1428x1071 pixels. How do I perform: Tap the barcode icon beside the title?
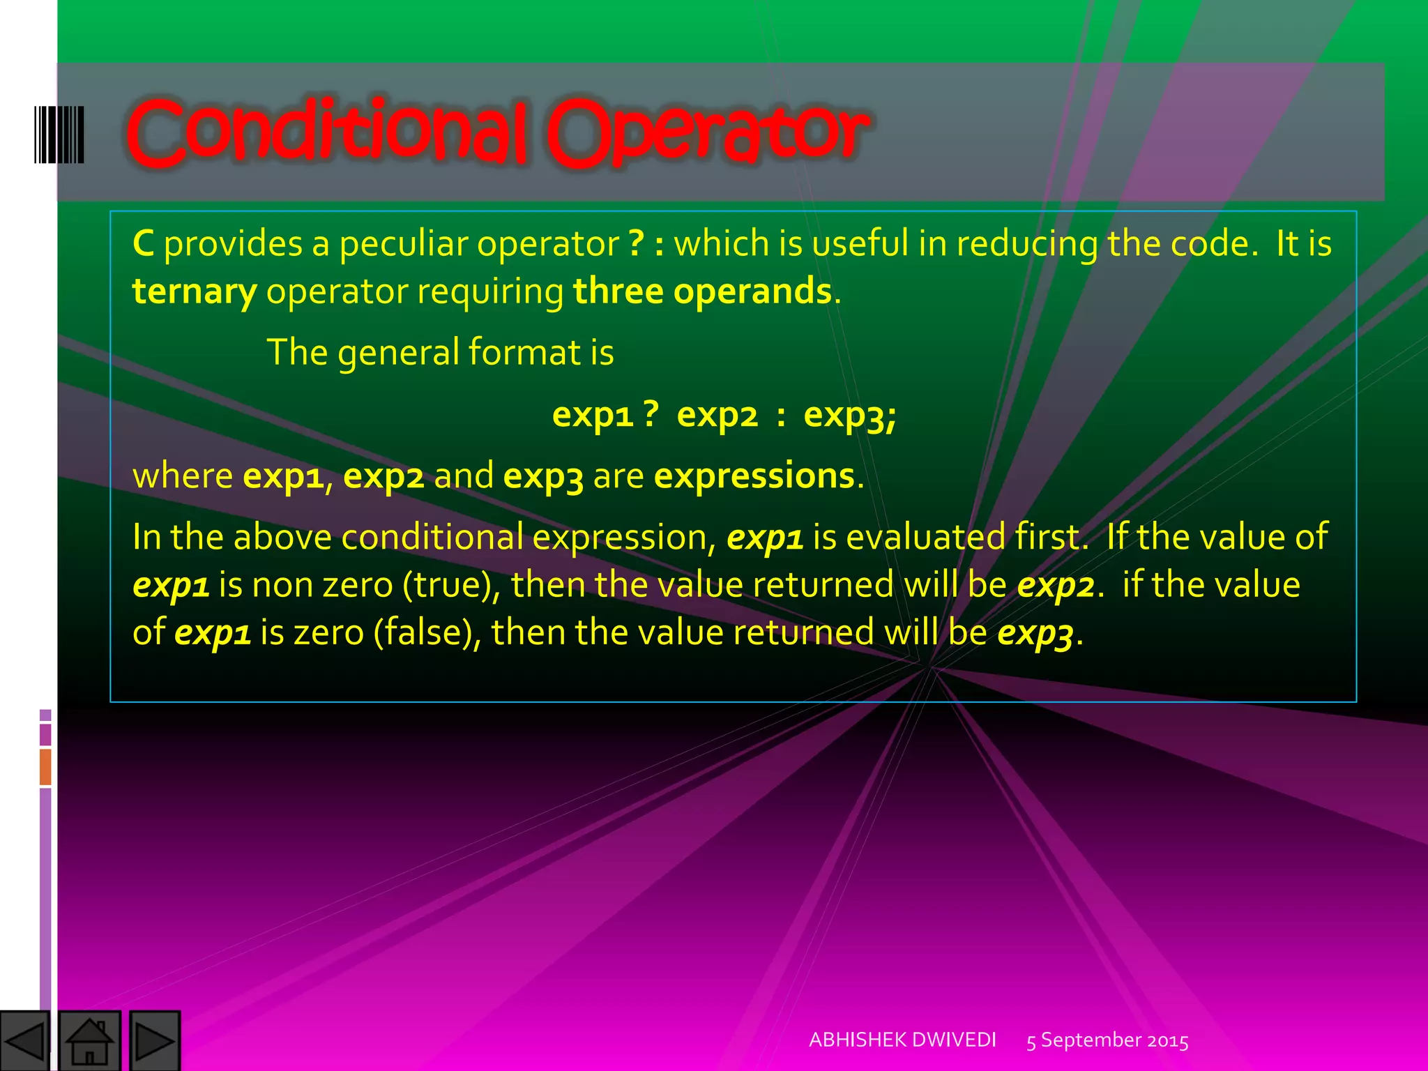(x=59, y=135)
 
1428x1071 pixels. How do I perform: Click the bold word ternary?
(x=195, y=291)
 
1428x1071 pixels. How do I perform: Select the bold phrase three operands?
(x=702, y=291)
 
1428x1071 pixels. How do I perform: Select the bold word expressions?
(x=754, y=476)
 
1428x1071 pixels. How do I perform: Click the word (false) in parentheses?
(x=427, y=632)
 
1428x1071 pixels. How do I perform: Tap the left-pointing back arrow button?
(x=25, y=1041)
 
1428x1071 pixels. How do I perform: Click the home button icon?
(x=89, y=1041)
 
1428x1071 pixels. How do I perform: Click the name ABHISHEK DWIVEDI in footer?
(x=902, y=1040)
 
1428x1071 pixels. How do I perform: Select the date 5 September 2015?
(x=1107, y=1040)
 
